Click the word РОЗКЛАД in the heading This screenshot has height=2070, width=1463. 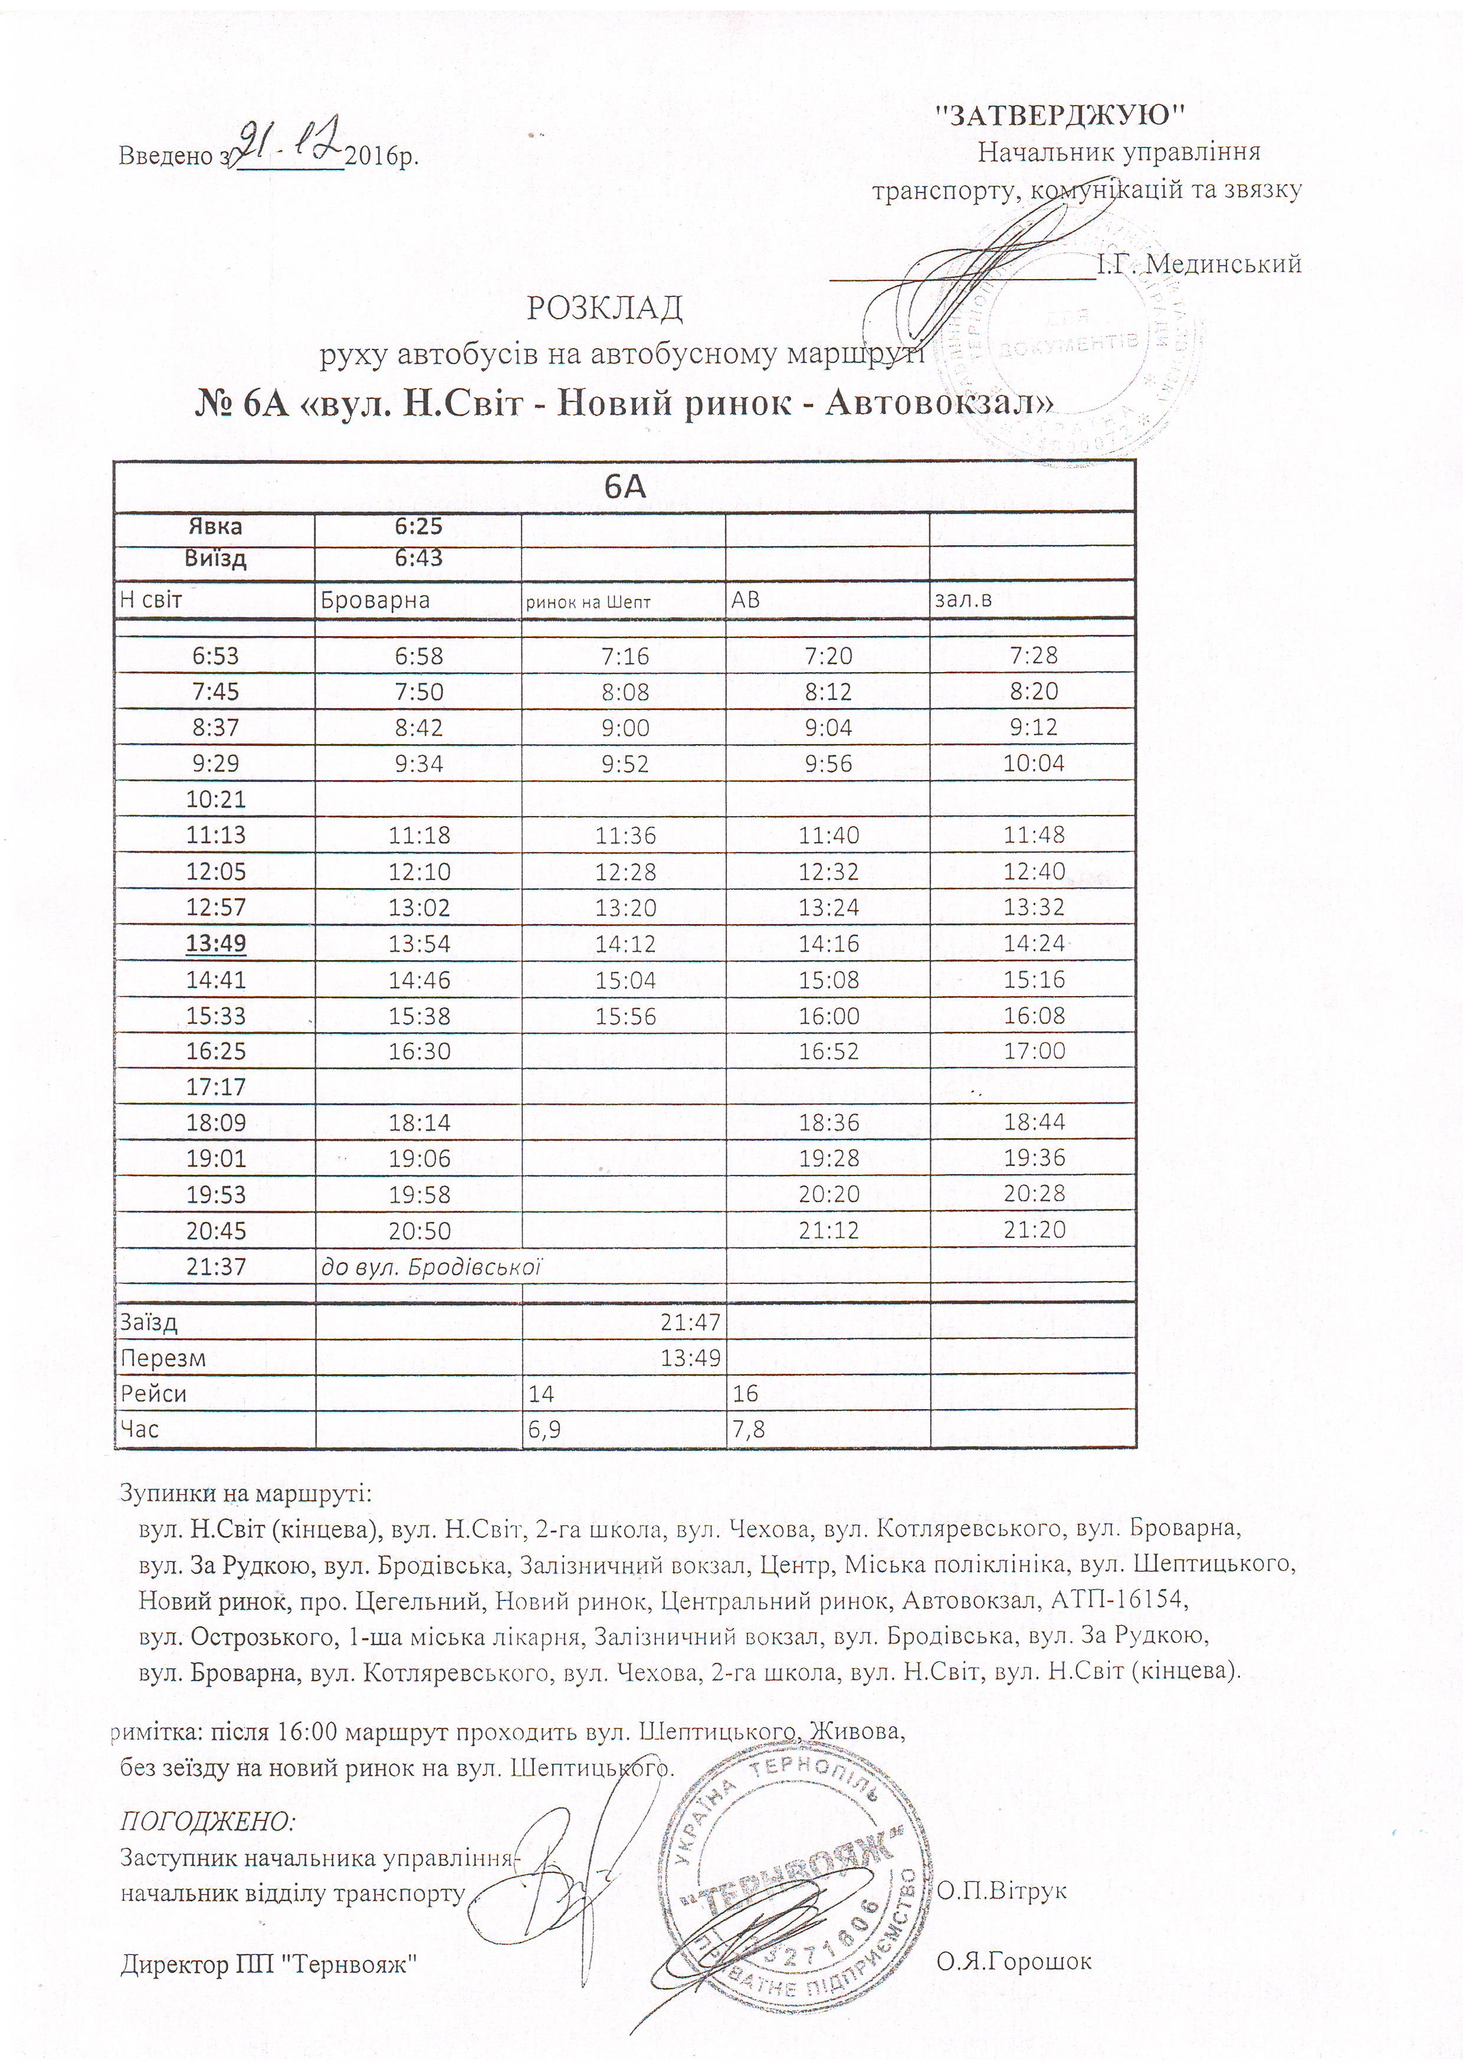[604, 309]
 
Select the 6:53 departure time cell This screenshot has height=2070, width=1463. [215, 656]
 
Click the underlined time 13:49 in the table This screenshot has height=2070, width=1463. [215, 943]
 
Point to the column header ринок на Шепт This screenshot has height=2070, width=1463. [588, 601]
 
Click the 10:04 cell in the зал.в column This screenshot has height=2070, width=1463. [1034, 764]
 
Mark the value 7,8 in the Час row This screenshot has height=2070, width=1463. [748, 1429]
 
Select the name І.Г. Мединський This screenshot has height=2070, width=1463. [1198, 264]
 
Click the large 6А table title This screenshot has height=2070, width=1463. [624, 487]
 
